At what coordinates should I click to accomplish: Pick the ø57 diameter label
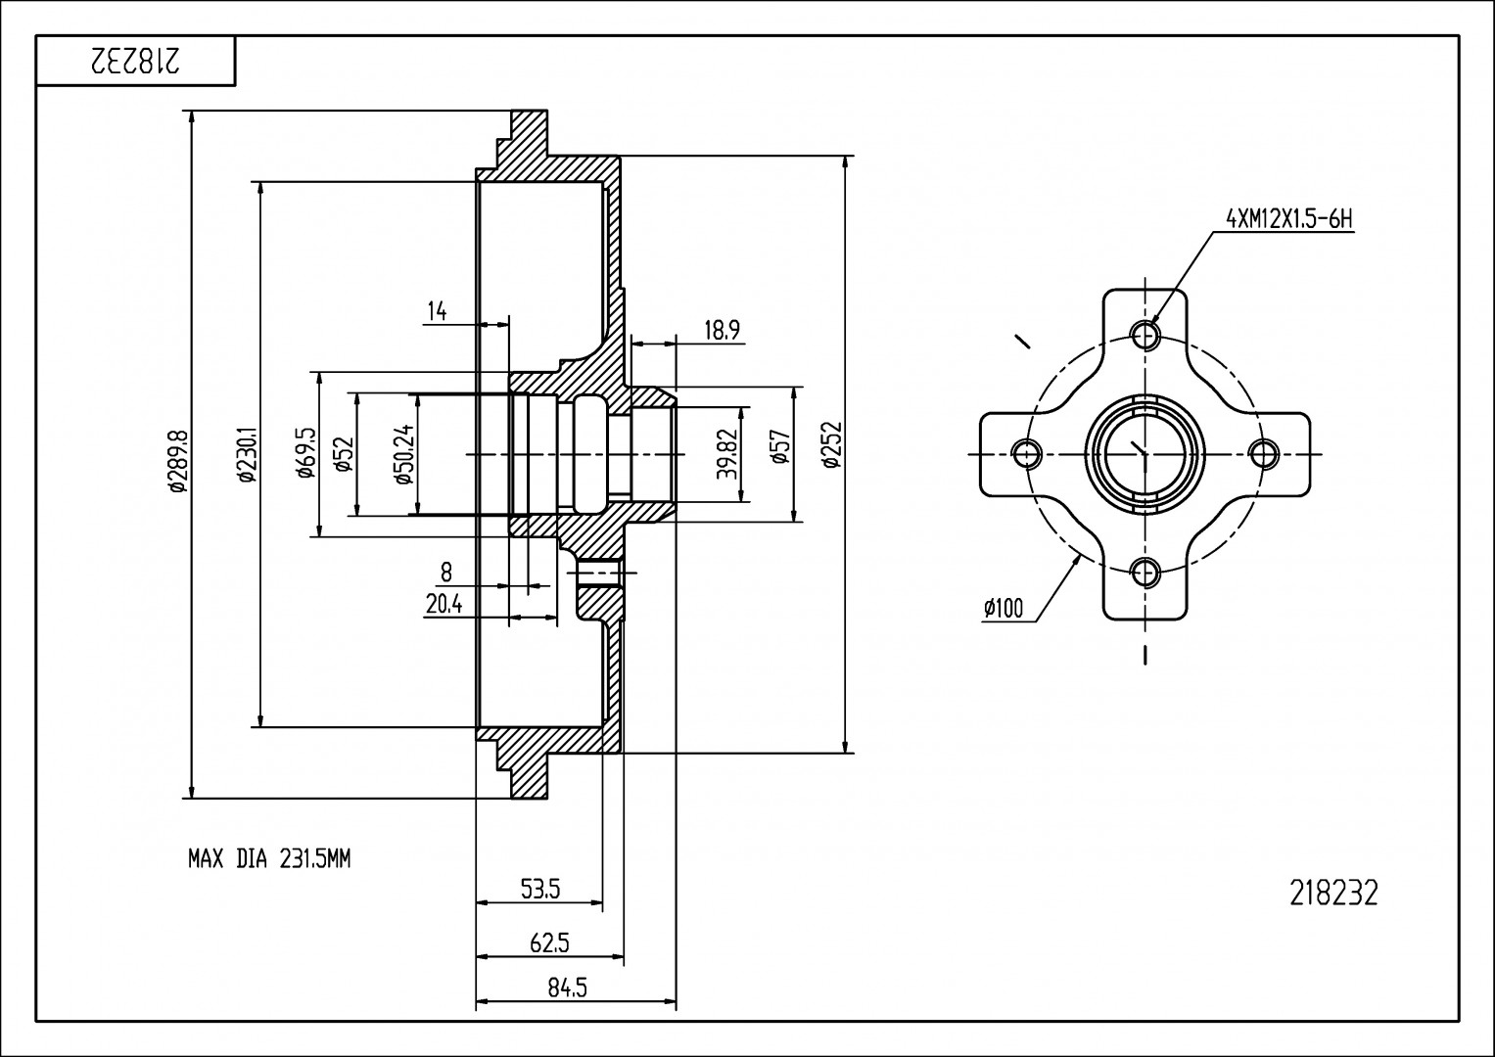point(780,454)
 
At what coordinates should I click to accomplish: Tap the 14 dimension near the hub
point(437,311)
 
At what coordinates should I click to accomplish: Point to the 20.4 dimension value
point(444,605)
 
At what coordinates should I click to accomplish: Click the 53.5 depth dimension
point(539,890)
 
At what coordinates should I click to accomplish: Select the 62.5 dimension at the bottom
point(549,943)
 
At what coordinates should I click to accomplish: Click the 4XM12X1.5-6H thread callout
point(1289,218)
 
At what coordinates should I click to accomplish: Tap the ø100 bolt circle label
point(1004,609)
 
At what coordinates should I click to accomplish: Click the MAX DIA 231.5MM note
point(269,860)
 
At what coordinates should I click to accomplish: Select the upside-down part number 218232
point(135,62)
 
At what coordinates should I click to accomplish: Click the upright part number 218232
point(1333,894)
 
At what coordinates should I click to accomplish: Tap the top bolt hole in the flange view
point(1145,335)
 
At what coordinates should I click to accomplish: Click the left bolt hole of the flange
point(1027,453)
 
